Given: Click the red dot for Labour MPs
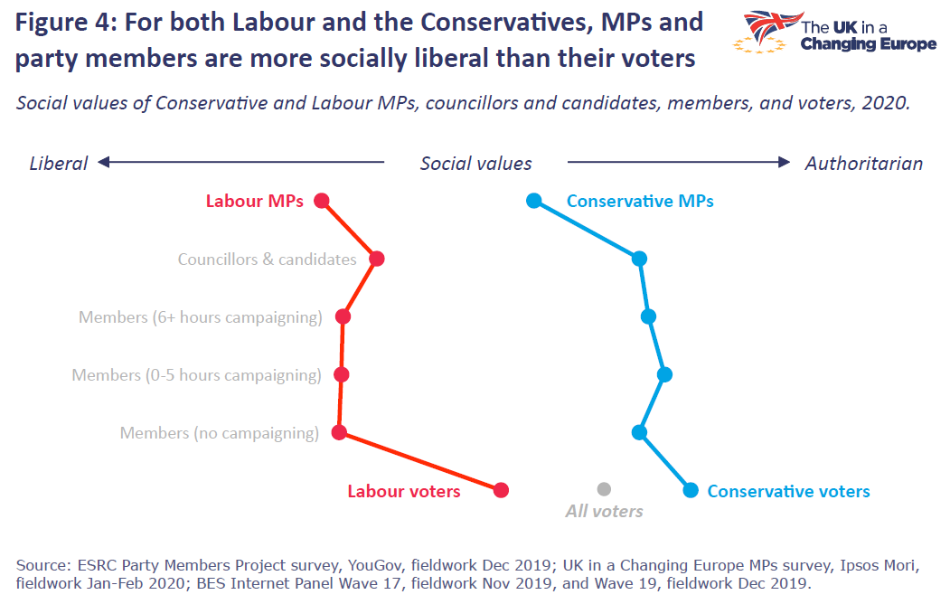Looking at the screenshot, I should [322, 201].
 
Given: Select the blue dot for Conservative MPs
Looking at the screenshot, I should [533, 201].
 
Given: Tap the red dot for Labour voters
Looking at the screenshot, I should [502, 490].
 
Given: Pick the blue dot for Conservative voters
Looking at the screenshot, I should [691, 490].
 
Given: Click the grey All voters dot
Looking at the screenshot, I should [604, 489].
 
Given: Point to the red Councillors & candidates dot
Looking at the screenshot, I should [377, 259].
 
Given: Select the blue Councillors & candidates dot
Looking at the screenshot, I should [640, 259].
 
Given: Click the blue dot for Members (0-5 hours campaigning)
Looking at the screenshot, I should [664, 374].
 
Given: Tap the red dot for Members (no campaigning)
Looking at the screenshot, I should [339, 432].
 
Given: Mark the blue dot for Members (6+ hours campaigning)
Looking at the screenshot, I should [648, 316].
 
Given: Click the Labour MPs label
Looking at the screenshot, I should [255, 202].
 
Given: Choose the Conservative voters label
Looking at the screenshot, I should [788, 491].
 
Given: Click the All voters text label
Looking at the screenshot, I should [604, 512].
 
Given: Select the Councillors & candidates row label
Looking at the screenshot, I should [267, 260].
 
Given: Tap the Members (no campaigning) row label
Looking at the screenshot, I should [220, 433].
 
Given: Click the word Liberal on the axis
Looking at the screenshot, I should [59, 164].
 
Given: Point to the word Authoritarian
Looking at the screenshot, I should [863, 164].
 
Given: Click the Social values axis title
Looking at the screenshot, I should [476, 164].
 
